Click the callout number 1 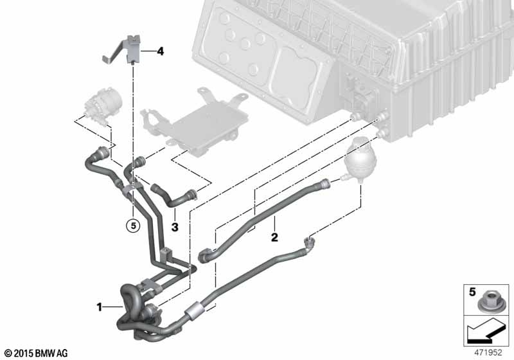click(99, 307)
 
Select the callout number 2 click(274, 237)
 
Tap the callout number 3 click(175, 226)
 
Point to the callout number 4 click(160, 51)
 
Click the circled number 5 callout click(133, 226)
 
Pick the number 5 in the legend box click(472, 291)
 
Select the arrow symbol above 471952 click(486, 332)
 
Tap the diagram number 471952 click(488, 352)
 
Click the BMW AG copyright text click(37, 353)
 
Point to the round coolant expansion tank click(360, 161)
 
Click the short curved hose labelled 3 click(174, 197)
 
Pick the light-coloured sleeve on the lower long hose click(195, 308)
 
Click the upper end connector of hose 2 click(324, 184)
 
